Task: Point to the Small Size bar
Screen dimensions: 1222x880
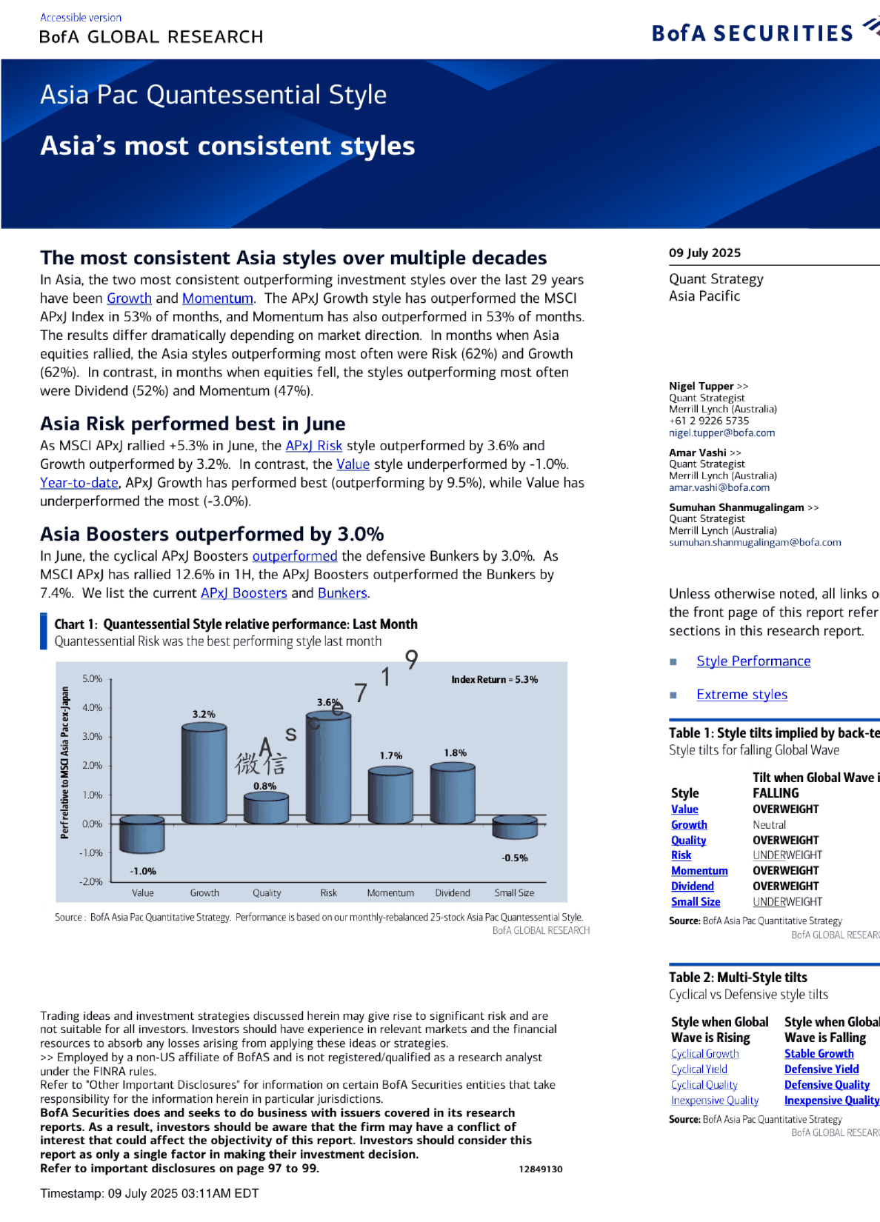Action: [x=514, y=827]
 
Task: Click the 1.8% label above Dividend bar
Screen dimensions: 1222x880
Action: [x=455, y=753]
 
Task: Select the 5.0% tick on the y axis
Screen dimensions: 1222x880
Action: [x=93, y=678]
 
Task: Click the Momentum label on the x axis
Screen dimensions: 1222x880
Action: [x=390, y=893]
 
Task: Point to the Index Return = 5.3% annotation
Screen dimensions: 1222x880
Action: [x=494, y=679]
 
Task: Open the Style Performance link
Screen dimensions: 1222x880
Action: [x=753, y=661]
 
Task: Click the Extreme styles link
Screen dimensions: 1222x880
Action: [x=741, y=695]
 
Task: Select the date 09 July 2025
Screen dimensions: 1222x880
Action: [x=704, y=253]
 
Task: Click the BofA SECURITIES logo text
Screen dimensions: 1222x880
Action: [x=752, y=33]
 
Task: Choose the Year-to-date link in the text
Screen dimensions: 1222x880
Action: [x=79, y=483]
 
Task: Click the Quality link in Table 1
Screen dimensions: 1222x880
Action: [x=688, y=841]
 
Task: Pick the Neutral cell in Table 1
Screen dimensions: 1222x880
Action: [x=769, y=825]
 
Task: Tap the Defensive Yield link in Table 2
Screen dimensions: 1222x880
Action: [x=821, y=1069]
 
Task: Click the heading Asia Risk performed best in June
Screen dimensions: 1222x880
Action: [x=193, y=424]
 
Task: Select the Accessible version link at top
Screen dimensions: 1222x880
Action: [x=81, y=17]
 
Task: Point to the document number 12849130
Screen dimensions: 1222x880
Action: [x=540, y=1169]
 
